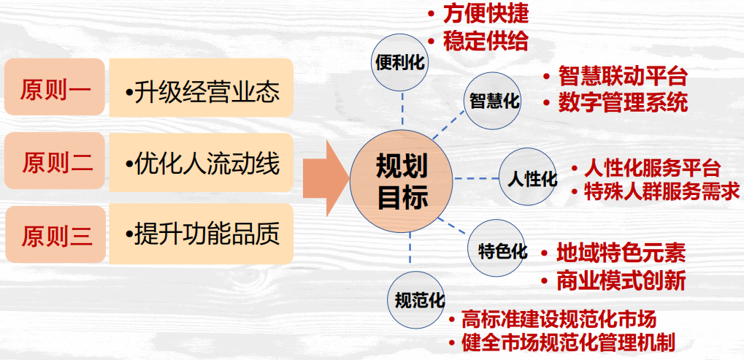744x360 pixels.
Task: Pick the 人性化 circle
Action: pyautogui.click(x=528, y=177)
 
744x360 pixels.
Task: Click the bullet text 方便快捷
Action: pyautogui.click(x=486, y=15)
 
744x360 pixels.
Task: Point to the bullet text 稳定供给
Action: pyautogui.click(x=486, y=40)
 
